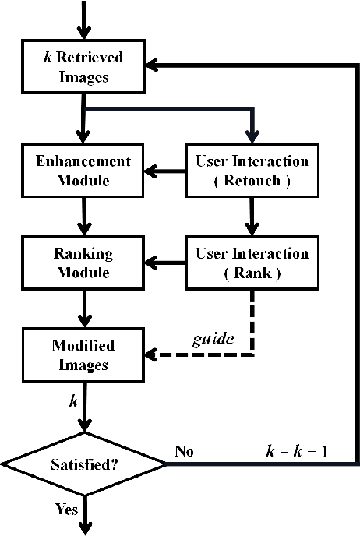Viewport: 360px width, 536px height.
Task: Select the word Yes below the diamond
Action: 67,510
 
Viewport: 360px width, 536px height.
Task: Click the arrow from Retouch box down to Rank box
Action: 250,217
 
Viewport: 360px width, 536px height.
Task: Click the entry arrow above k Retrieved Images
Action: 83,19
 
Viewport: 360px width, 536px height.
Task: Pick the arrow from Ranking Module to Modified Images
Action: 83,309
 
